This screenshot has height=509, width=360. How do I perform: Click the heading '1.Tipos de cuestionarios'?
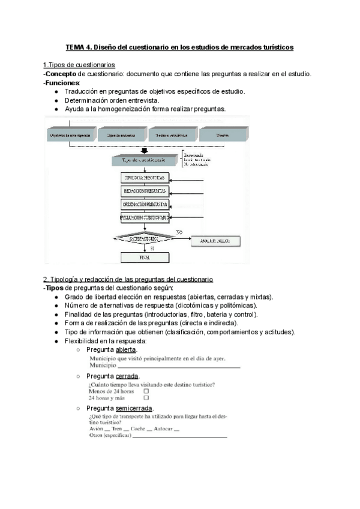pos(79,65)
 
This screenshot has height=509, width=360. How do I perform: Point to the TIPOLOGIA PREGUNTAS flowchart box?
pos(146,178)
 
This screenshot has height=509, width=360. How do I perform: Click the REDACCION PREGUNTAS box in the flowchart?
pos(146,191)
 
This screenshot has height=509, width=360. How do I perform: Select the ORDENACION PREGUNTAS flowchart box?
pos(146,204)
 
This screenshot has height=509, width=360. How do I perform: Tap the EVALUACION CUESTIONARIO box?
pos(146,217)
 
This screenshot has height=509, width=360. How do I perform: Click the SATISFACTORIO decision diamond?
pos(146,239)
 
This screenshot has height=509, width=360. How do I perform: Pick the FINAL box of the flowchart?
pos(146,257)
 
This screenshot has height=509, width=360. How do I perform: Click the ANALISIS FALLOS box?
pos(215,241)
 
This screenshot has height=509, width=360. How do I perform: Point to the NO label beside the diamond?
pos(179,232)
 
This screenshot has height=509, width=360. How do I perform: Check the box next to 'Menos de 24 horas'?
pos(146,391)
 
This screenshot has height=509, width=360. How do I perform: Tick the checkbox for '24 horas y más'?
pos(146,398)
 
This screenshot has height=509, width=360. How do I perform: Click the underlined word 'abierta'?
pos(126,350)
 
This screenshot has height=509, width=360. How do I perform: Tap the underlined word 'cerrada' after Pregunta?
pos(127,376)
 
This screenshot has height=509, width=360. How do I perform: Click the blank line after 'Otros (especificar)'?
pos(180,436)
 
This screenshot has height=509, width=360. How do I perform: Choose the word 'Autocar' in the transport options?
pos(163,429)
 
